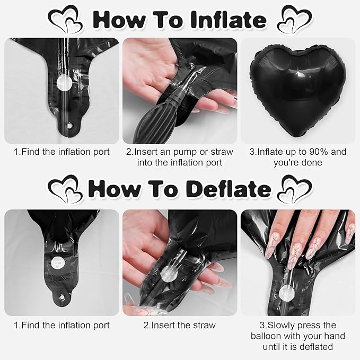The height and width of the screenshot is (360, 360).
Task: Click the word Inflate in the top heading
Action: tap(228, 20)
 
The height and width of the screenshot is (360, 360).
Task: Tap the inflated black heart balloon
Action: tap(298, 91)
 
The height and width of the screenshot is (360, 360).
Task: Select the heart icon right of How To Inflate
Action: tap(295, 20)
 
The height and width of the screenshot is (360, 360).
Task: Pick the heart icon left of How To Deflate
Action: tap(65, 190)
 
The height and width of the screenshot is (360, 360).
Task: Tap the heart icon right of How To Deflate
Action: tap(295, 189)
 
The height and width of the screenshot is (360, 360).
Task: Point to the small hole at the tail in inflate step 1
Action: tap(69, 126)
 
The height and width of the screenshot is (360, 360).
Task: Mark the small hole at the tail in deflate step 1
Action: tap(62, 297)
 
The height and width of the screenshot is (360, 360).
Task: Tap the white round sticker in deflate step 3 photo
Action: tap(286, 293)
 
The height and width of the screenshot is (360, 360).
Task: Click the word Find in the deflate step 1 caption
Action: tap(31, 326)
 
